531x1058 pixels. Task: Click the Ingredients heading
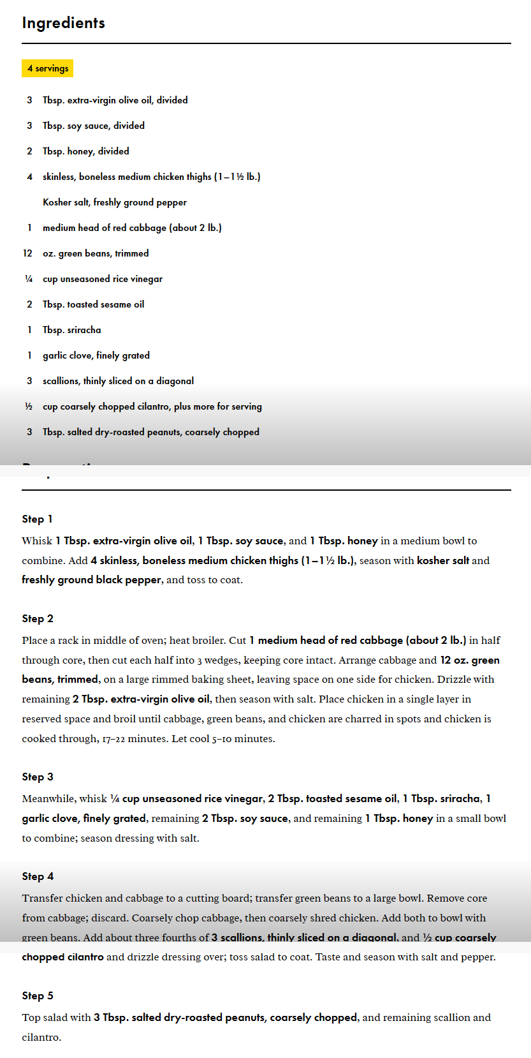[63, 23]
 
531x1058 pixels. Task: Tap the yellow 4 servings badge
[48, 68]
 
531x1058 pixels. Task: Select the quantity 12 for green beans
[27, 253]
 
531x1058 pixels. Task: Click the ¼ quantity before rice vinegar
[29, 279]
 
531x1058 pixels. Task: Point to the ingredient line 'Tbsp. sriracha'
[71, 330]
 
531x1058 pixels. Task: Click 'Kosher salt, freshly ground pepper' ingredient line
[115, 202]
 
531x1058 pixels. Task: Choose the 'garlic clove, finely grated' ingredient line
[96, 355]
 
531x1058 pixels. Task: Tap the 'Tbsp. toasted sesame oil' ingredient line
[93, 304]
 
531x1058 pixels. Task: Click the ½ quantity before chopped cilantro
[29, 406]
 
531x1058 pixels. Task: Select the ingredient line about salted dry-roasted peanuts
[151, 432]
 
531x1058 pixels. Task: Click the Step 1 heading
[37, 519]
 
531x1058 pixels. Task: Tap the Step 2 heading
[38, 618]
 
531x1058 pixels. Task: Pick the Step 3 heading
[38, 777]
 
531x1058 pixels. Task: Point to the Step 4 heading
[38, 876]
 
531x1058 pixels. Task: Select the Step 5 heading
[38, 995]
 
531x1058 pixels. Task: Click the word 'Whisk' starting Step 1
[37, 541]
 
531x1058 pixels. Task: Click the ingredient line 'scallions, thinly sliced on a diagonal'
[118, 381]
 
